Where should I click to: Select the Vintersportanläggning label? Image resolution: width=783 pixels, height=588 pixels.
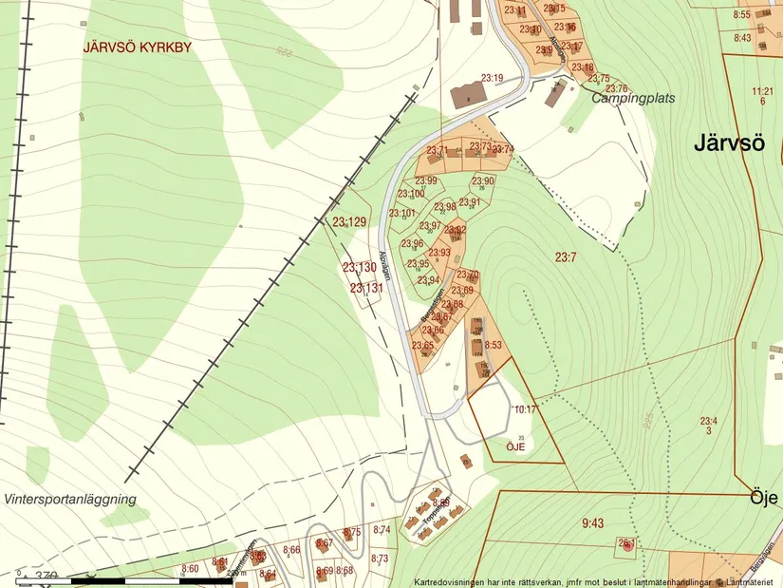(x=70, y=499)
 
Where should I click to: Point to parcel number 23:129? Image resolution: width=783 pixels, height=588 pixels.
(x=349, y=222)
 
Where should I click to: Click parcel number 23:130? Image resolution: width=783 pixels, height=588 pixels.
(x=360, y=268)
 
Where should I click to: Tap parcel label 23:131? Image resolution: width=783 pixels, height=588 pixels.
(x=366, y=288)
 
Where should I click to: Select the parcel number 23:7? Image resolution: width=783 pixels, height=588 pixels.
(x=567, y=256)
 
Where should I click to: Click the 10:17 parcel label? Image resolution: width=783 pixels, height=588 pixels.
(x=525, y=409)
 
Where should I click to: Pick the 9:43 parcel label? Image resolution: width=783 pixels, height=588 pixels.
(x=592, y=522)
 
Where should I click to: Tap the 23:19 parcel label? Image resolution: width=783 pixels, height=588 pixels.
(x=492, y=78)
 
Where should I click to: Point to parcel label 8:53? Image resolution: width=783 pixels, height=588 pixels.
(x=493, y=345)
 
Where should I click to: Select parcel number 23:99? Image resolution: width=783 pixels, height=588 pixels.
(x=425, y=181)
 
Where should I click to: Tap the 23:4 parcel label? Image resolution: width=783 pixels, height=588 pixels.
(x=709, y=421)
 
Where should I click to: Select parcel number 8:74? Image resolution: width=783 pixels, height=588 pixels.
(x=382, y=530)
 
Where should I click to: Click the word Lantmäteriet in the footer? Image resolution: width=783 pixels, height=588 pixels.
(x=754, y=581)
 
